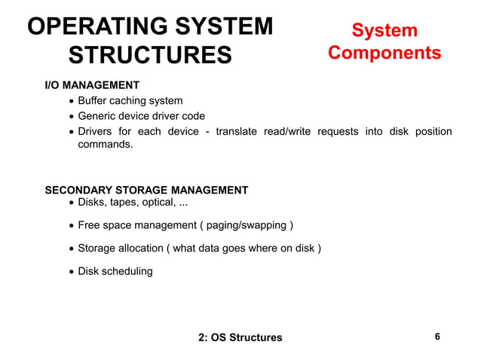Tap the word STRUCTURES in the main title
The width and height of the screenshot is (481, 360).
coord(150,56)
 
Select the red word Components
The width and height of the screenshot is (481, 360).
coord(384,53)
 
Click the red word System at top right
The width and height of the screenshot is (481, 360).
coord(384,30)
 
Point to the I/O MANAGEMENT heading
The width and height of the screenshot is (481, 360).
coord(92,86)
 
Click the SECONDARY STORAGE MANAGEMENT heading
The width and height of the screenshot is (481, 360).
coord(146,190)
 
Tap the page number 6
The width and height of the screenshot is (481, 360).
coord(438,337)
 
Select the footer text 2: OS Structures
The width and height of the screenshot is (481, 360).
coord(240,337)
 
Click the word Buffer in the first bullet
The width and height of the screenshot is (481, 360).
coord(94,101)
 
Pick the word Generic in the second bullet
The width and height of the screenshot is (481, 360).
coord(99,116)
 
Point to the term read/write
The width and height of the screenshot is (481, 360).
coord(287,131)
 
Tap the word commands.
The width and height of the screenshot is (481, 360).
coord(106,143)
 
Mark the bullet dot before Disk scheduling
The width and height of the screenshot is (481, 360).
coord(71,272)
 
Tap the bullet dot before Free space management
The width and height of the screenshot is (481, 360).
coord(71,226)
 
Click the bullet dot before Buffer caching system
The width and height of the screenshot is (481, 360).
coord(71,102)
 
